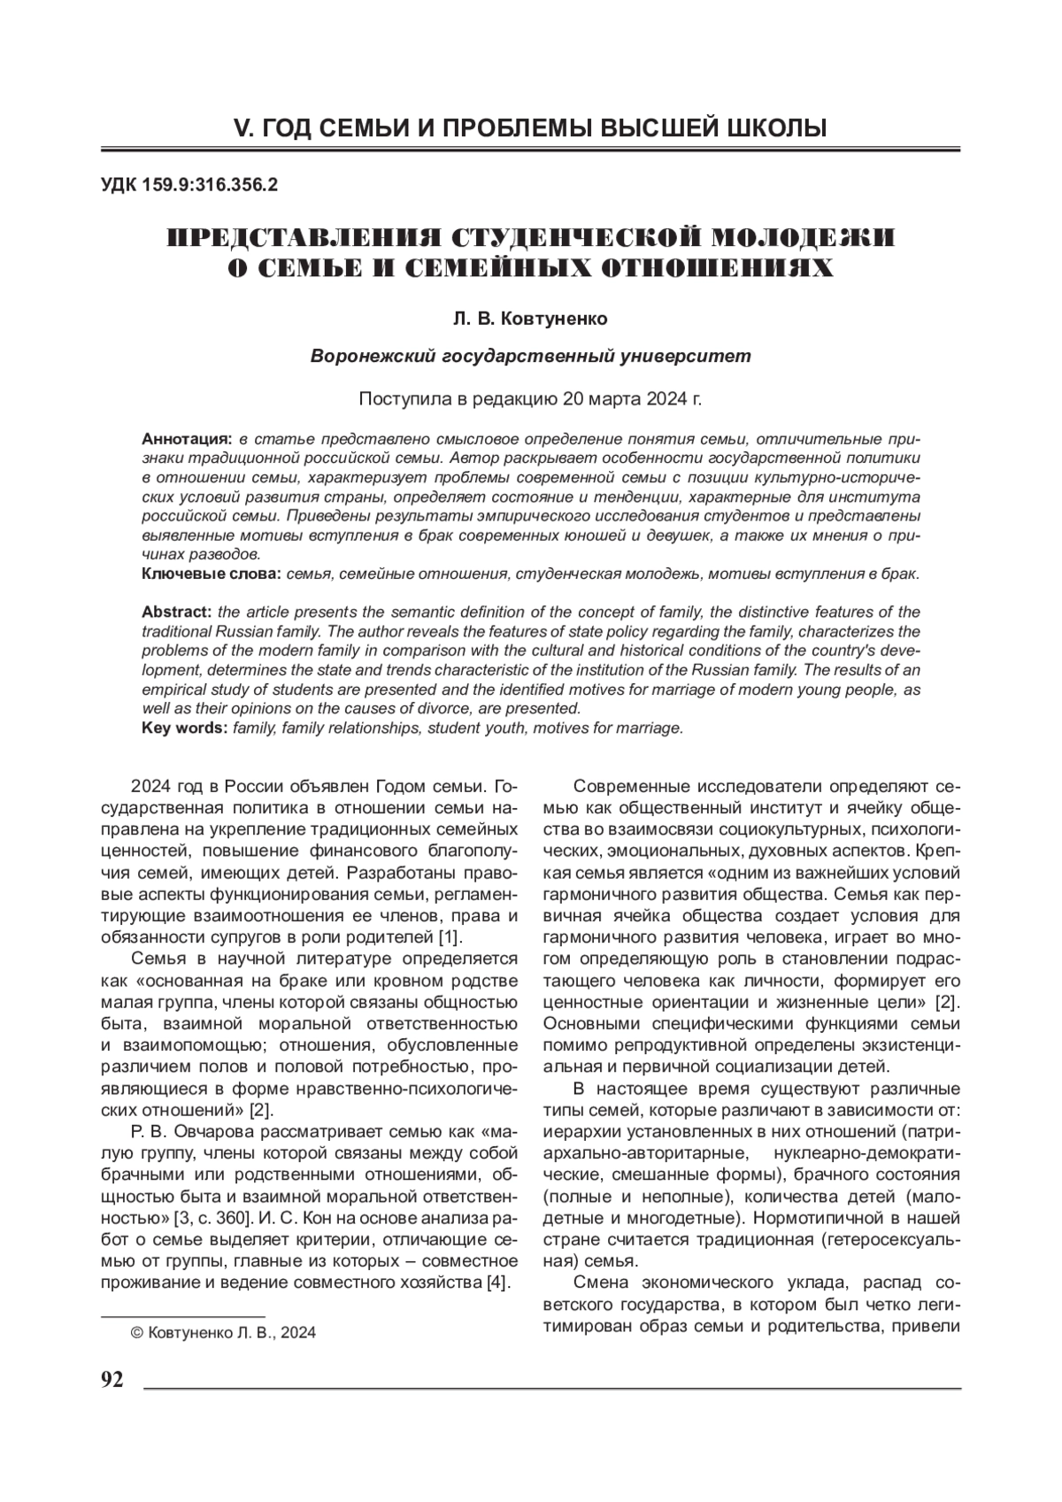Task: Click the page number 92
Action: pos(112,1382)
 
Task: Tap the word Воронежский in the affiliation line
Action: pos(366,356)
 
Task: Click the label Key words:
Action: pos(185,728)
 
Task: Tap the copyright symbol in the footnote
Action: pos(137,1333)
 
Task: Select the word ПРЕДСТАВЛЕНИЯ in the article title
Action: pos(305,238)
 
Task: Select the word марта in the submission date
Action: pos(612,399)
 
